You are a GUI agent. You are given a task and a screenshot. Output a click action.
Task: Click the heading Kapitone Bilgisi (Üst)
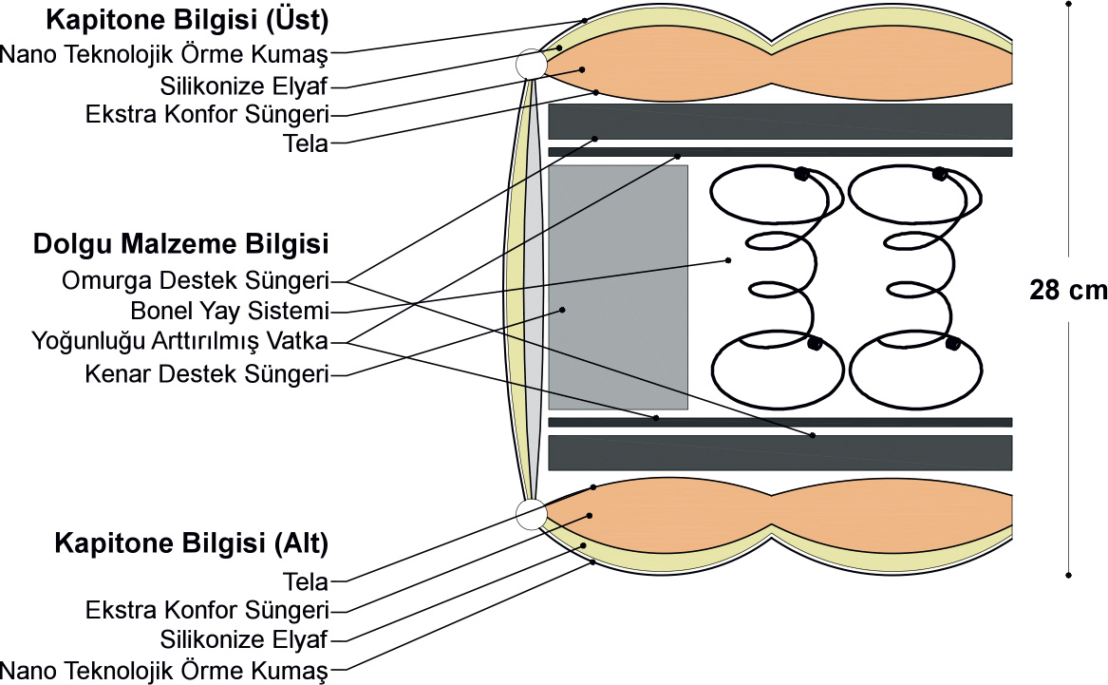pos(187,20)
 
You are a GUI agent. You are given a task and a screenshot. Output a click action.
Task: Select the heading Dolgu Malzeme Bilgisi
pos(181,244)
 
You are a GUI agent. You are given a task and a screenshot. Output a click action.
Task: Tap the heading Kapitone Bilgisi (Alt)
pos(192,543)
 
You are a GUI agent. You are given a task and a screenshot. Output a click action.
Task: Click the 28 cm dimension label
pos(1068,290)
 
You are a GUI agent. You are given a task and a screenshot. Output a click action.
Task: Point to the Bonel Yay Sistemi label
pos(231,311)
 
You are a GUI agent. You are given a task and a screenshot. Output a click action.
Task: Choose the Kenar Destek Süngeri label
pos(207,374)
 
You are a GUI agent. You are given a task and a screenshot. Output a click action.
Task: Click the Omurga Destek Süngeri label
pos(196,280)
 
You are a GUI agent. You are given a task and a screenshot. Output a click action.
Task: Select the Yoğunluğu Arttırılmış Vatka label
pos(180,341)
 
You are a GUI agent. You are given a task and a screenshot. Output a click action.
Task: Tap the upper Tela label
pos(306,143)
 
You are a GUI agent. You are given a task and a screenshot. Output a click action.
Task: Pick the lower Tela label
pos(306,581)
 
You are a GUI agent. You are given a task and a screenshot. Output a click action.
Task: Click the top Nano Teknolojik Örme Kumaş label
pos(164,54)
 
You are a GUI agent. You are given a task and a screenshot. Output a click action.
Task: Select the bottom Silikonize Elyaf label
pos(244,639)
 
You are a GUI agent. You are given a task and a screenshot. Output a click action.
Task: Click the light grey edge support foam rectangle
pos(618,287)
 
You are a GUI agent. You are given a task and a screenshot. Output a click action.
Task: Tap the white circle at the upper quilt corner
pos(531,64)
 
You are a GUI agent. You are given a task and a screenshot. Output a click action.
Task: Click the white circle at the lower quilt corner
pos(531,514)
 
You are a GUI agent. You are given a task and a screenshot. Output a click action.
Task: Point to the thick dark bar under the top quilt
pos(780,122)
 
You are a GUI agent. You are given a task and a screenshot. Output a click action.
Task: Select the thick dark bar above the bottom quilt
pos(780,453)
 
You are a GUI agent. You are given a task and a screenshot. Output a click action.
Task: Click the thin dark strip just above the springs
pos(780,152)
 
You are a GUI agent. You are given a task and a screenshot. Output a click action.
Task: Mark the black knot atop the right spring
pos(939,174)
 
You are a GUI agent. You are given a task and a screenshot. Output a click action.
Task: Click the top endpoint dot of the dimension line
pos(1068,4)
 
